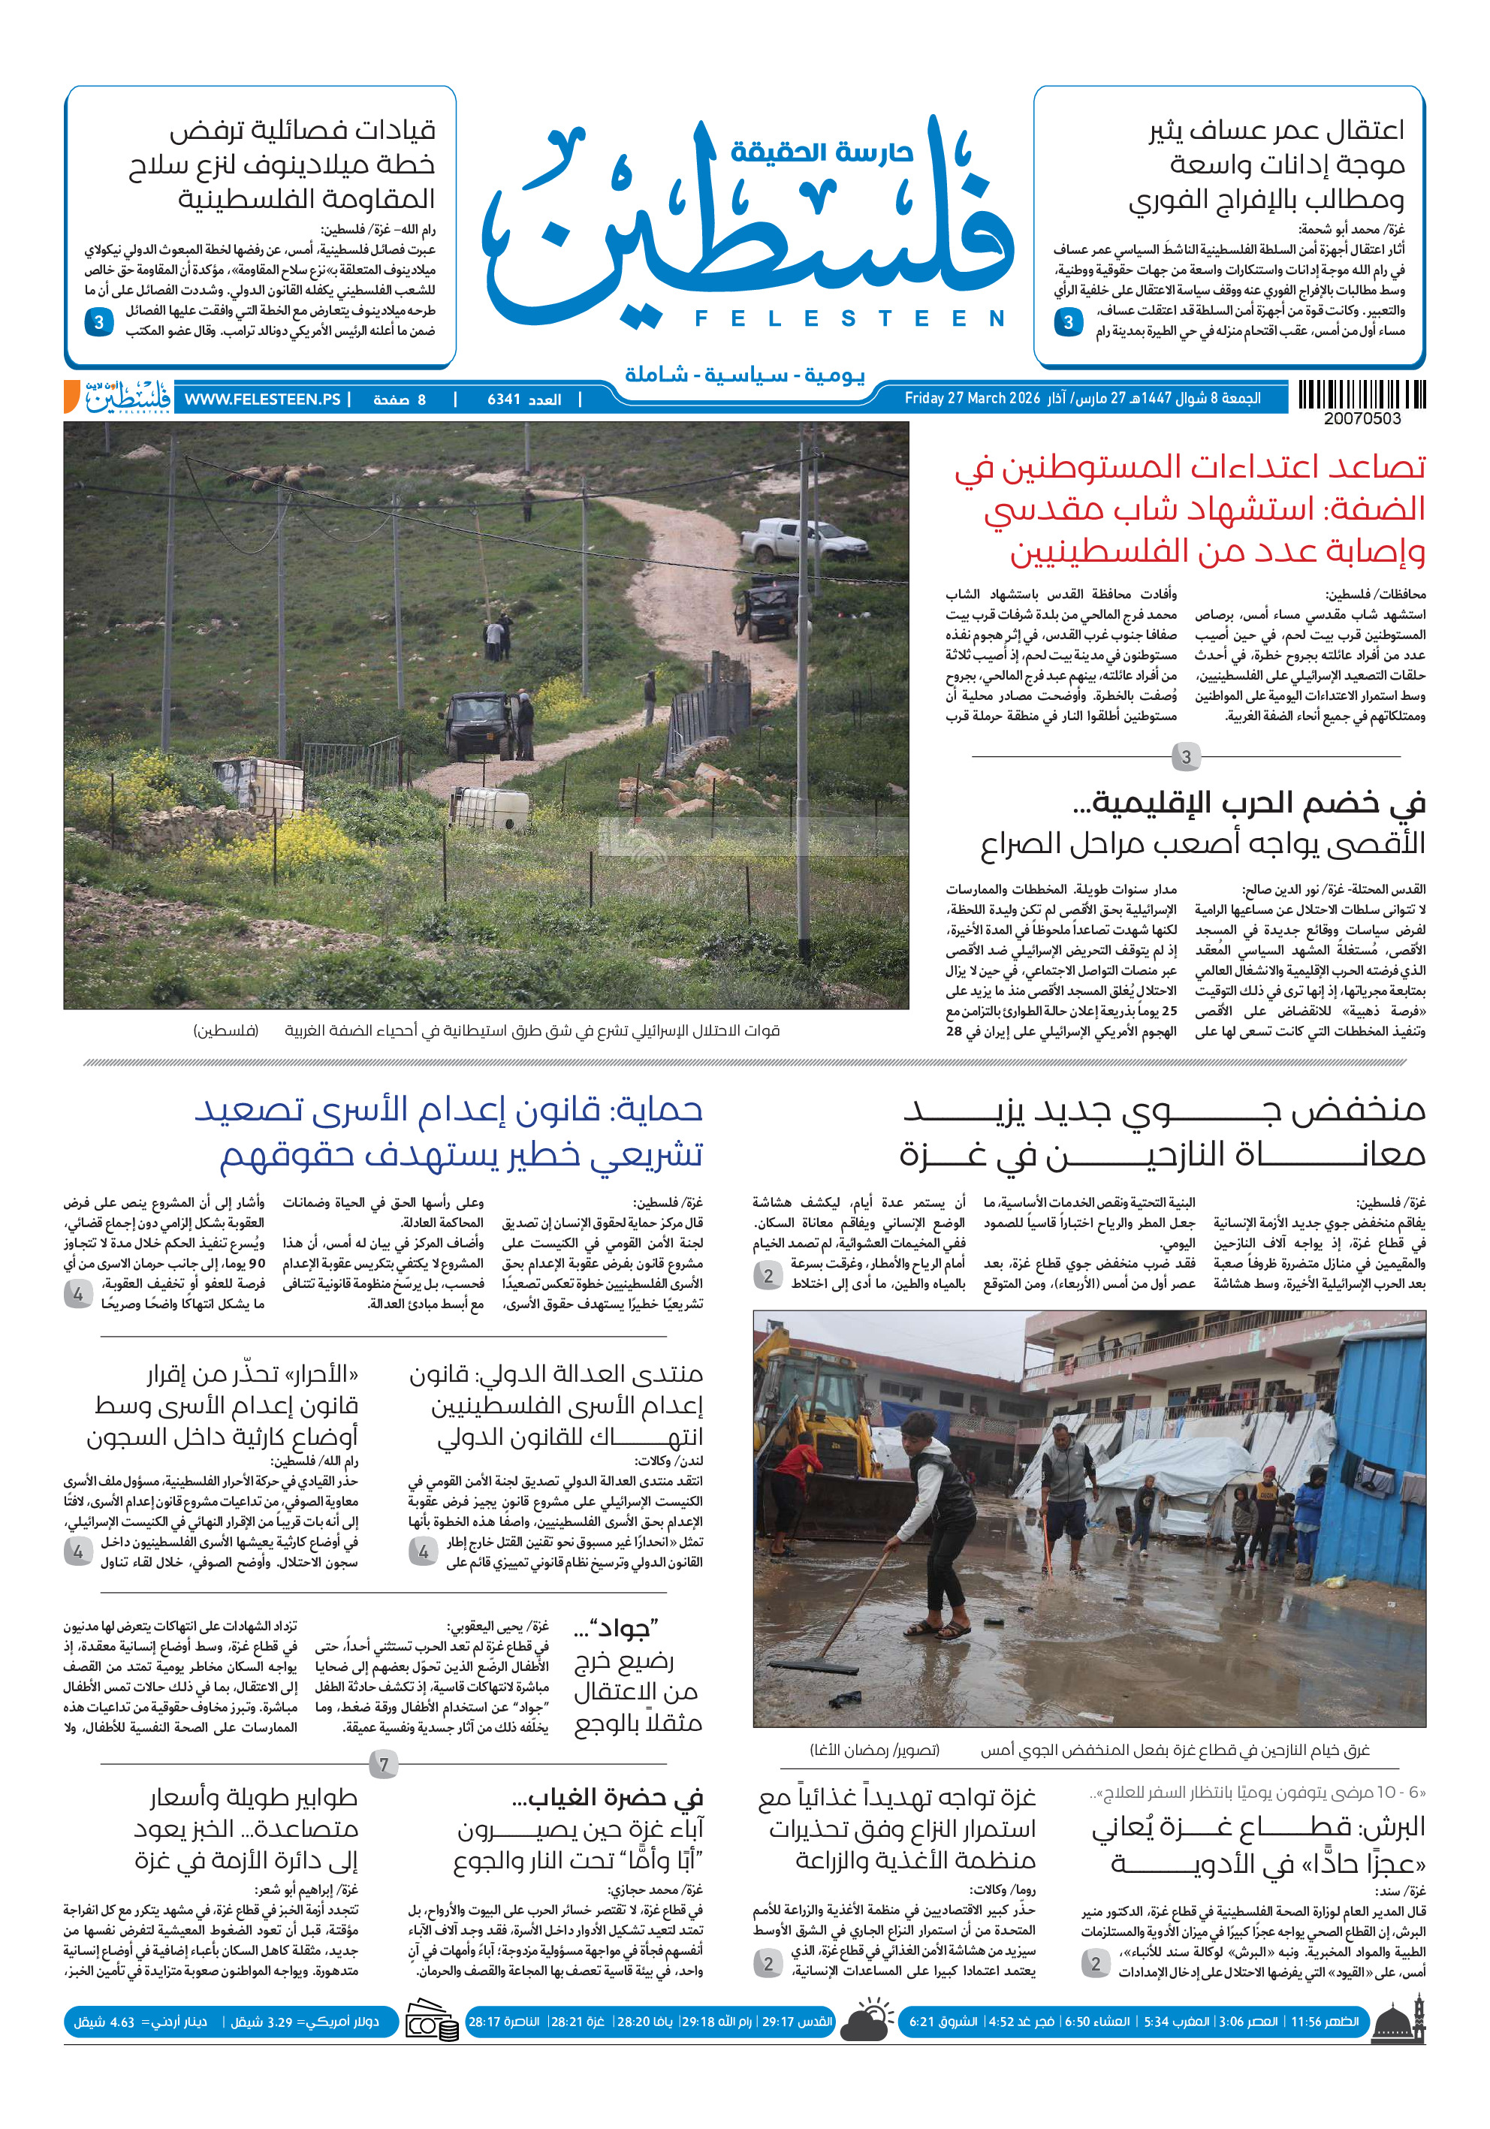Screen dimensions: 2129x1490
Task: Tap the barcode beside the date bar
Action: click(x=1361, y=396)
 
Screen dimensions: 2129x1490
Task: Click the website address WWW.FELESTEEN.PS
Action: click(x=262, y=400)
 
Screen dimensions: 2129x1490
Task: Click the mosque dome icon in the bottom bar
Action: click(x=1398, y=2022)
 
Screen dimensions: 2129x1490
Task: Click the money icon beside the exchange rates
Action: click(x=431, y=2024)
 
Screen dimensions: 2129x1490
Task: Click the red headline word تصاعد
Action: click(x=1355, y=466)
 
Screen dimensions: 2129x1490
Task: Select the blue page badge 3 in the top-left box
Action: click(x=98, y=323)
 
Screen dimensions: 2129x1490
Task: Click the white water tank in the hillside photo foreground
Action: click(x=490, y=807)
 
